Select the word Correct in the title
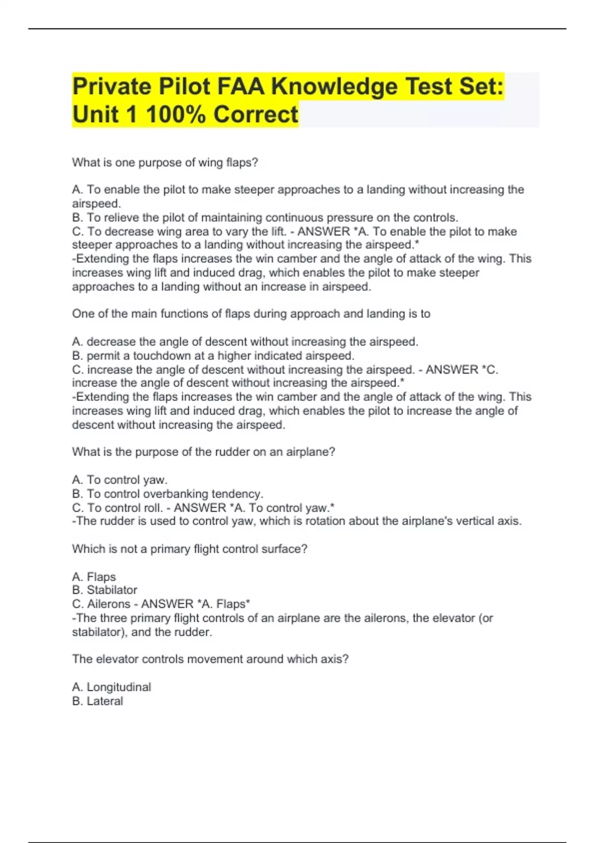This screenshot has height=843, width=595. [256, 115]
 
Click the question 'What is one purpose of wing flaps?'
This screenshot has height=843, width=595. [165, 163]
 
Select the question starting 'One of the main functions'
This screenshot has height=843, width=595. [251, 314]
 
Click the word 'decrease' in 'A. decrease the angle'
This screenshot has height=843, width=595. [111, 342]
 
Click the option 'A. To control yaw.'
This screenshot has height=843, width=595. [119, 480]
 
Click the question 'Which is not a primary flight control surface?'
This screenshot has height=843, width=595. [189, 549]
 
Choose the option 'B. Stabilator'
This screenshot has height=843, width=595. [105, 590]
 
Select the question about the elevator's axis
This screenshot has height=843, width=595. [210, 659]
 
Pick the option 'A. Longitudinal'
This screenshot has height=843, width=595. [112, 687]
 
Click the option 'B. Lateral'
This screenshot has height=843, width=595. [98, 701]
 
